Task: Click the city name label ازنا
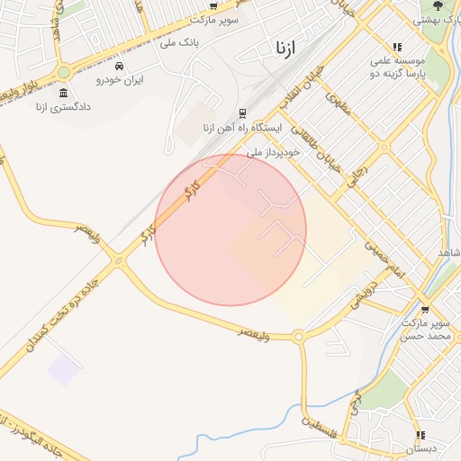[x=282, y=47]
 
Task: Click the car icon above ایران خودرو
[x=120, y=66]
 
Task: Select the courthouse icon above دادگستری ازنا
[x=63, y=94]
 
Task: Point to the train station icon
[x=242, y=113]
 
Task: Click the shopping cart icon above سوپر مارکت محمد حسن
[x=424, y=310]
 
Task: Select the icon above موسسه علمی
[x=396, y=47]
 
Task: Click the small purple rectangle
[x=63, y=369]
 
